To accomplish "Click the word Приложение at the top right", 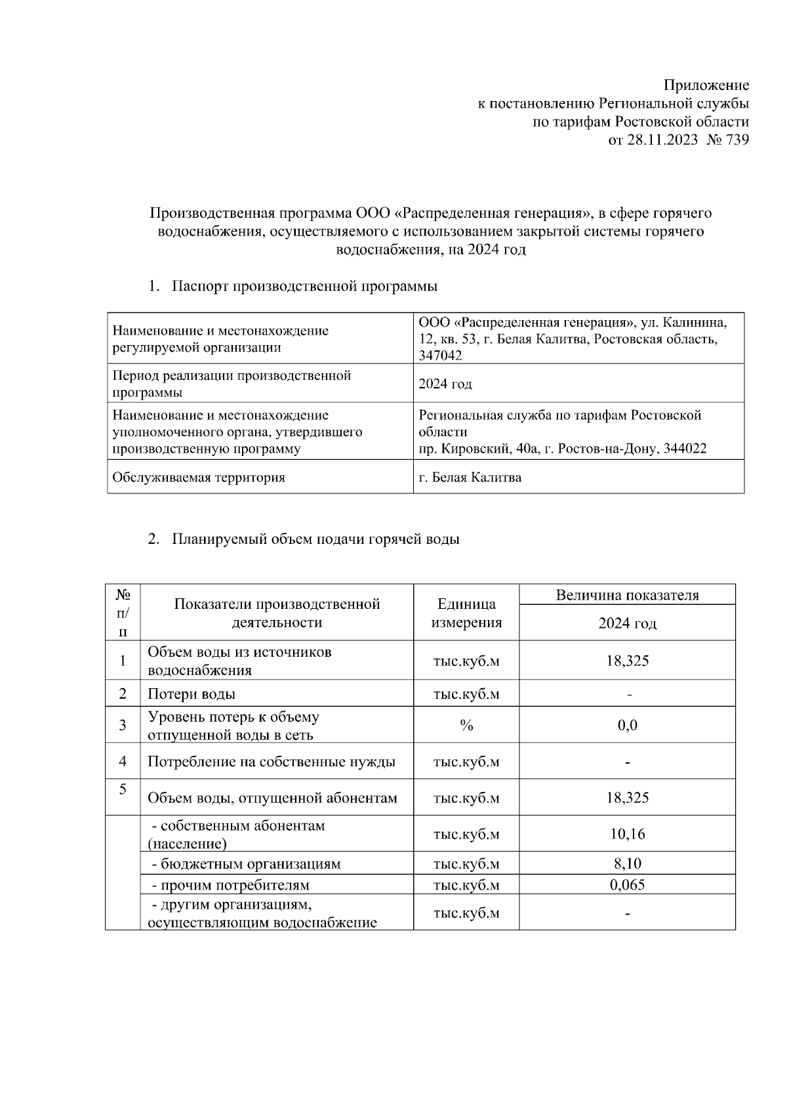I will [706, 85].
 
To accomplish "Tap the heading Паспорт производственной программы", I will [304, 286].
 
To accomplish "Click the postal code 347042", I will [440, 356].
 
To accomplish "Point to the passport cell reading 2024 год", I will [445, 384].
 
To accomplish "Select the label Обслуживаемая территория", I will [199, 477].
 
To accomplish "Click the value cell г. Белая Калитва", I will [470, 477].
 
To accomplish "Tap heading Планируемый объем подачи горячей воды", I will [315, 539].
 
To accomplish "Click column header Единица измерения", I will [466, 613].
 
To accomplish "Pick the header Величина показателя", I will [627, 595].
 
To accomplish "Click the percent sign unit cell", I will [466, 724].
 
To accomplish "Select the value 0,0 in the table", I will [627, 725].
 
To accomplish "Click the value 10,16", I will [627, 834].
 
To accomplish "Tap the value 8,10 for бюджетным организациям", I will [627, 863].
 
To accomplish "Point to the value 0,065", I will [627, 884].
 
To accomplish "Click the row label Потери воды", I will [192, 693].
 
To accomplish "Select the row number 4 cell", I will [123, 761].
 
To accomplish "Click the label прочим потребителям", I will [230, 885].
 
